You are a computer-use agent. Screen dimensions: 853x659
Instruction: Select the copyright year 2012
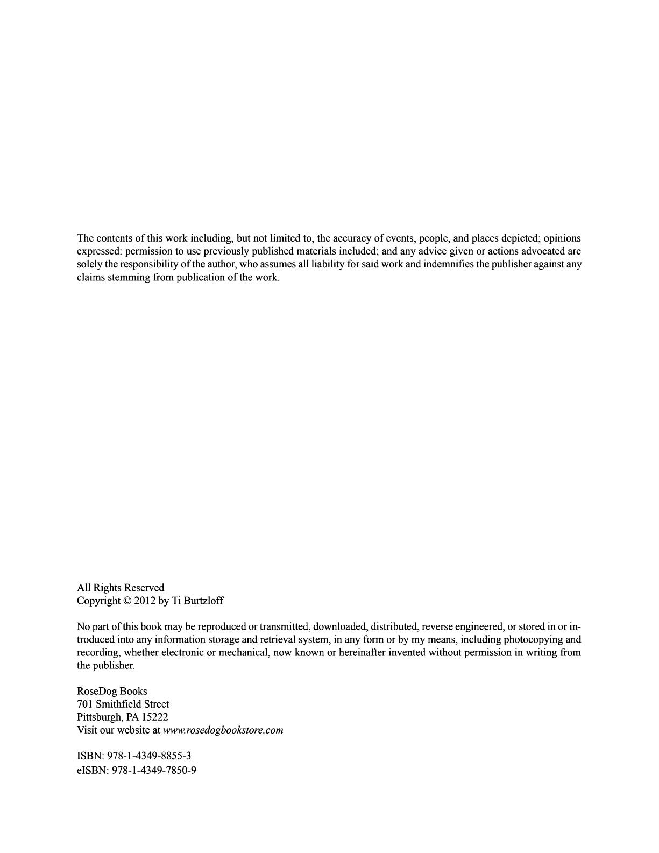click(x=145, y=601)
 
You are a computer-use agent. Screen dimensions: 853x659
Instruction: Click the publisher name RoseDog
click(x=97, y=692)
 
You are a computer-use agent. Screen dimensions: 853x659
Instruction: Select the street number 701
click(x=85, y=704)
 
